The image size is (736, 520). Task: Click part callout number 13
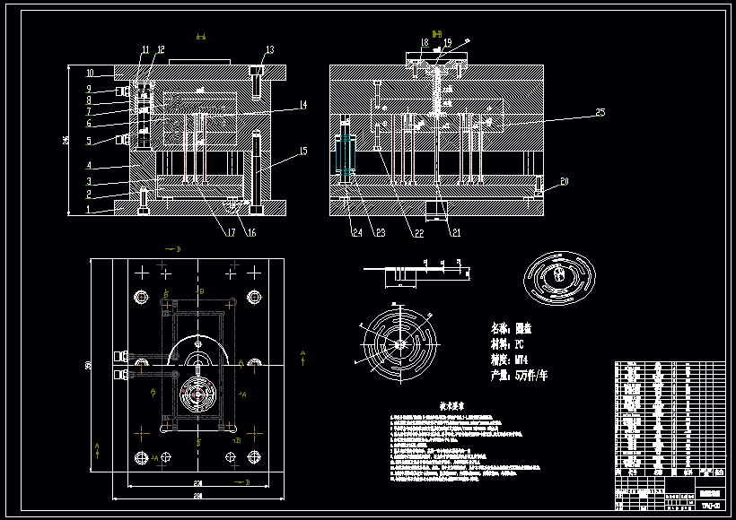[269, 49]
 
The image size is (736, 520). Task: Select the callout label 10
[90, 73]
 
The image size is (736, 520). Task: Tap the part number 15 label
[303, 151]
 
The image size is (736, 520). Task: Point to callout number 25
[600, 112]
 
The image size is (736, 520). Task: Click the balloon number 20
[565, 181]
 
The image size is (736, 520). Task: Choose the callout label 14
[303, 105]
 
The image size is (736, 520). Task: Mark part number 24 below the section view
[356, 232]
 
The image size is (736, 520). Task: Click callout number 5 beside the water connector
[89, 141]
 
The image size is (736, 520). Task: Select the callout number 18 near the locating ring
[424, 42]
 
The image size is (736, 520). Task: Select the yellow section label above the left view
[201, 37]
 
